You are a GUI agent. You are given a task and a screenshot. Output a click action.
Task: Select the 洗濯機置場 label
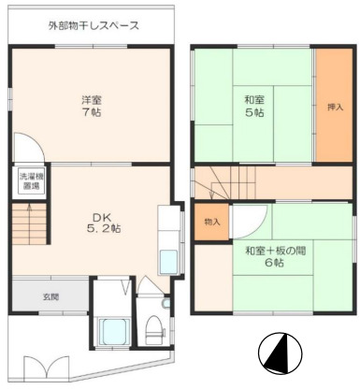tap(31, 180)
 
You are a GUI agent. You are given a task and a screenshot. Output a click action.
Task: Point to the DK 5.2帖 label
tap(103, 222)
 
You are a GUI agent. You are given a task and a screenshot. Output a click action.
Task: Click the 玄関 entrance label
tap(50, 297)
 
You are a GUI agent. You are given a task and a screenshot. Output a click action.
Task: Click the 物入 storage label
tap(211, 222)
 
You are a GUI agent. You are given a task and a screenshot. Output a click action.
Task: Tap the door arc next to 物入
tap(245, 221)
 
